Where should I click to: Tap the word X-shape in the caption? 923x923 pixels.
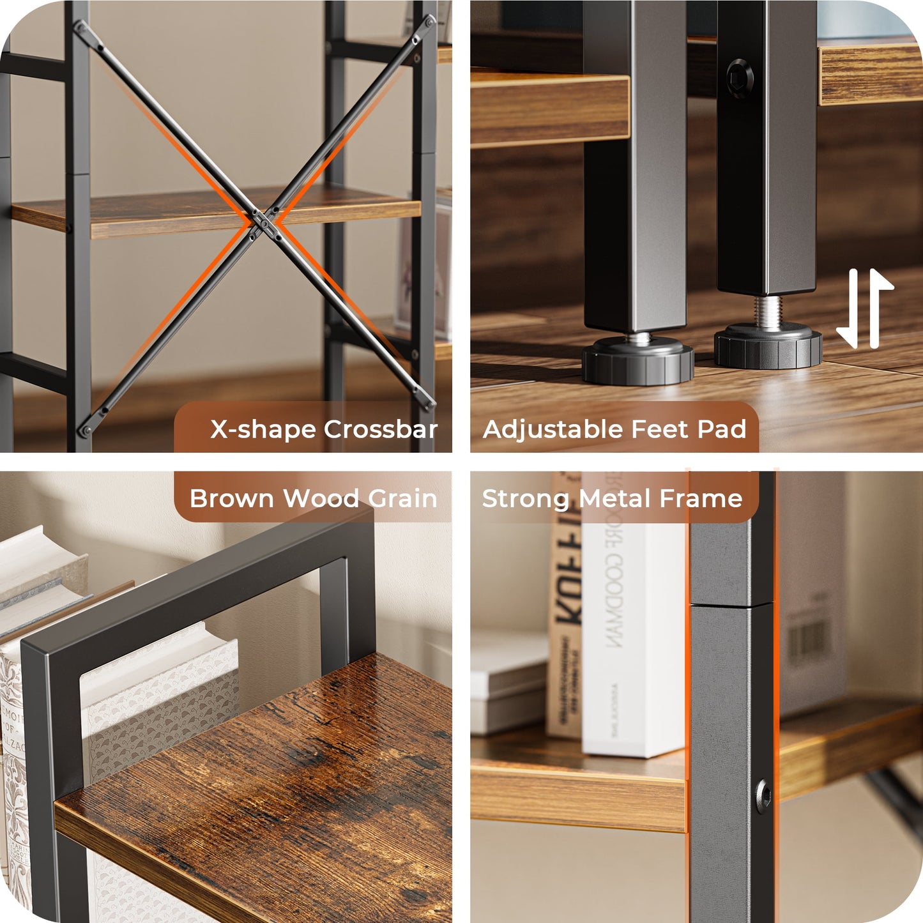click(x=264, y=429)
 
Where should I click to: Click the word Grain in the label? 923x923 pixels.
click(x=402, y=498)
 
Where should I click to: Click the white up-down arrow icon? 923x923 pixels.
click(x=865, y=308)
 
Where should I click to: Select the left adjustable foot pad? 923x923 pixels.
click(x=637, y=362)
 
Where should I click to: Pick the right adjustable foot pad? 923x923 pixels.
click(x=768, y=346)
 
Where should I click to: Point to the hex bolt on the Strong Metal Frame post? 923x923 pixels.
click(x=762, y=796)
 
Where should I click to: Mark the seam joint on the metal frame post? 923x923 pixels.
click(x=731, y=603)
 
